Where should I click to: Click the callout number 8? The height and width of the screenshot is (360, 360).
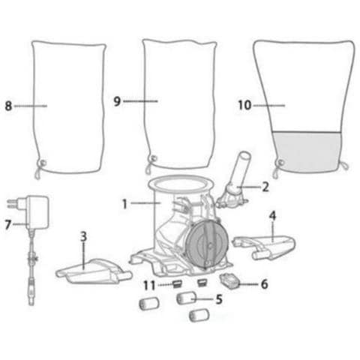coord(8,106)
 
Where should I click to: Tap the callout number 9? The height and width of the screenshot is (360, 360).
coord(117,101)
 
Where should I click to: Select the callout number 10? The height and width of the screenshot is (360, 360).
coord(244,105)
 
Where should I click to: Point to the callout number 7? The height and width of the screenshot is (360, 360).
coord(8,225)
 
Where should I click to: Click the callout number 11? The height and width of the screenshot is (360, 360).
coord(149,285)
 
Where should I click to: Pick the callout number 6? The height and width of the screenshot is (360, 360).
coord(265,284)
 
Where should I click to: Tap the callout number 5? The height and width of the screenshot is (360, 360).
coord(219,299)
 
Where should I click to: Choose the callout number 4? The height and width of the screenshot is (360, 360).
coord(272,216)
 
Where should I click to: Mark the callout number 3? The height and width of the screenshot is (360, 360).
coord(83,236)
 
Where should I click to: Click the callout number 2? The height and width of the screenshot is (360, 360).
coord(265,187)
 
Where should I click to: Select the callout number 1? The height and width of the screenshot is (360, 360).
coord(124,204)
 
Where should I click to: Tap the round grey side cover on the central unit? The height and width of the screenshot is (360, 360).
coord(207,244)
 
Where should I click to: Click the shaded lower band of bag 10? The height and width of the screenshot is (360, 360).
coord(307,151)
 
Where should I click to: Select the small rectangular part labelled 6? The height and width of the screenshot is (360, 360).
coord(229,280)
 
